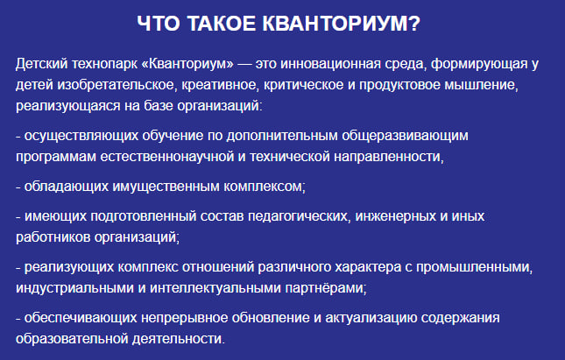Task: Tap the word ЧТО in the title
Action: pos(159,24)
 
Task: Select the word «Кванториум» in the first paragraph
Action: pos(187,64)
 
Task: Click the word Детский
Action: pos(41,64)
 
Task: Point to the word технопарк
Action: pos(104,65)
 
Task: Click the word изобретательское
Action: pos(117,86)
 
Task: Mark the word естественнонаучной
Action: pos(166,157)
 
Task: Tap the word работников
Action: pos(53,237)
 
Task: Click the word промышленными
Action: pos(474,268)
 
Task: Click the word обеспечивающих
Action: pos(81,319)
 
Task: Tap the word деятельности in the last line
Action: pos(178,340)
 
